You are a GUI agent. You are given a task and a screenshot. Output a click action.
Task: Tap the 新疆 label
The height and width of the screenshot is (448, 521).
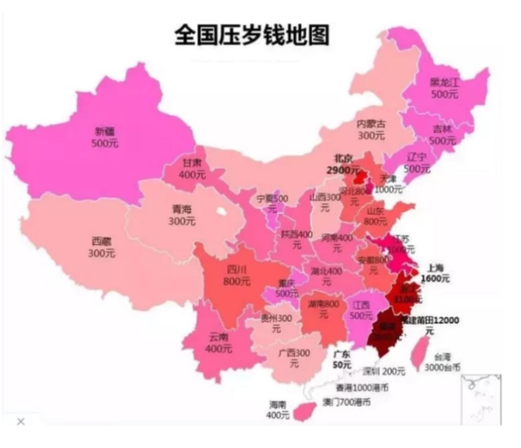(x=105, y=136)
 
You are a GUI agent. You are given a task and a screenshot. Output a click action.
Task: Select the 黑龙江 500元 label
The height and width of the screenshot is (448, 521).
(x=444, y=88)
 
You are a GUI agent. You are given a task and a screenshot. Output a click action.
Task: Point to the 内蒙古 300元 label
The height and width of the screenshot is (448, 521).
(x=371, y=130)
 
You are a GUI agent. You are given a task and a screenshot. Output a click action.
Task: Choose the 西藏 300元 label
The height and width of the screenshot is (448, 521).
(x=102, y=247)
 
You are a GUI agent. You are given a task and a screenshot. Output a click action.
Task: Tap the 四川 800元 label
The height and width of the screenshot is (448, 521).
(x=237, y=276)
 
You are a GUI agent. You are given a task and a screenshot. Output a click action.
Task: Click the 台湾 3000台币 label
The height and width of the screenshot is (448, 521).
(x=442, y=362)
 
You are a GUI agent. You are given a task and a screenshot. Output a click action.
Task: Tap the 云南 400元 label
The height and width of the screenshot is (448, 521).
(x=218, y=343)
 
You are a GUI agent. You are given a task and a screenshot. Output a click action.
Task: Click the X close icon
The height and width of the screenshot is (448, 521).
(x=21, y=422)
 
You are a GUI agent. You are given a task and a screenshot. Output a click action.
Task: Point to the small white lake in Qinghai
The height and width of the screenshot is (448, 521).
(x=222, y=212)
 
